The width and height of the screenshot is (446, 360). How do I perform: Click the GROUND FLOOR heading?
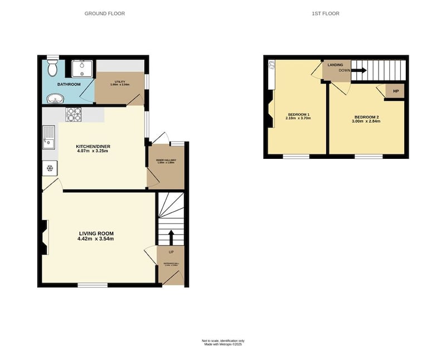click(x=104, y=13)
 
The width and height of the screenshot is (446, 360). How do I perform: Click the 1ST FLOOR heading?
click(x=326, y=13)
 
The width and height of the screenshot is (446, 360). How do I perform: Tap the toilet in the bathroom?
click(x=52, y=69)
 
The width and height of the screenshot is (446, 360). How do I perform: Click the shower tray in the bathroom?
click(x=81, y=67)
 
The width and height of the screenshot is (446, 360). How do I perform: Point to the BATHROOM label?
click(x=70, y=84)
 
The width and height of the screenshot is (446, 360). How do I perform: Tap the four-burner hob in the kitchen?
click(x=74, y=114)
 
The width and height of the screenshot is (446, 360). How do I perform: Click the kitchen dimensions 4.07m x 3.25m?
click(x=92, y=151)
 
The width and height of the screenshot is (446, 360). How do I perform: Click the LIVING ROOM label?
click(x=95, y=233)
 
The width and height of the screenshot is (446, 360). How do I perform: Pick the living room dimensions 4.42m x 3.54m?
click(x=95, y=239)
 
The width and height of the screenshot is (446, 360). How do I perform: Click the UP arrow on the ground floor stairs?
click(x=171, y=236)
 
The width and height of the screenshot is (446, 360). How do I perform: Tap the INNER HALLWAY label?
click(x=165, y=160)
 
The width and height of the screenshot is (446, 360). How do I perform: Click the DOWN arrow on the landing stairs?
click(x=358, y=71)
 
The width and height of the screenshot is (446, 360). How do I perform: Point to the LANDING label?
click(x=335, y=65)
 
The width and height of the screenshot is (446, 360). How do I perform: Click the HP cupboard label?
click(x=396, y=91)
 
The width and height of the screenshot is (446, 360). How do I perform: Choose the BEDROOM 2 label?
click(x=366, y=117)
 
